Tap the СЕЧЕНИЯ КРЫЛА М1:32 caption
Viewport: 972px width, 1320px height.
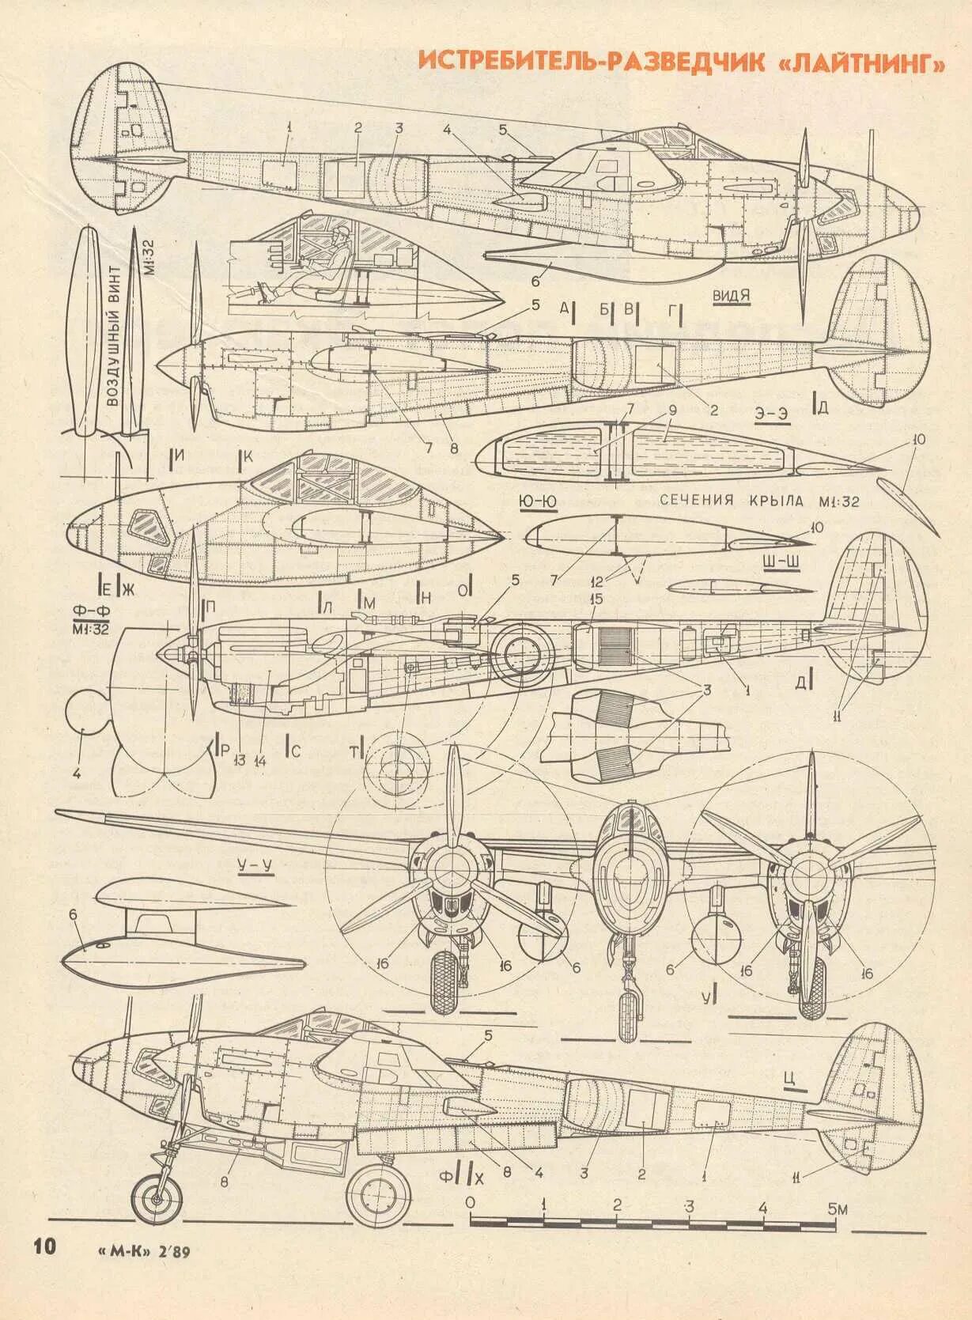[x=758, y=500]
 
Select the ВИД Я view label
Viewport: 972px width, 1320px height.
[x=731, y=296]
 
